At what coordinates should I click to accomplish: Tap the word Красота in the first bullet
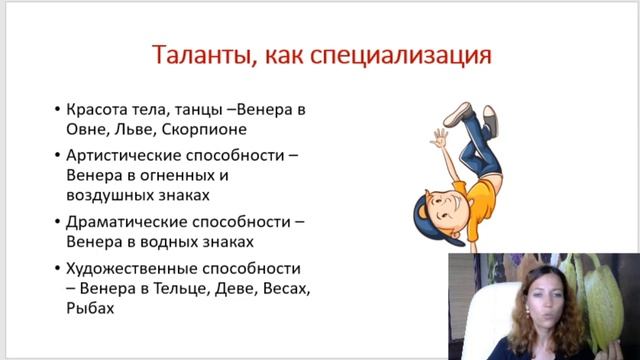coord(99,109)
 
